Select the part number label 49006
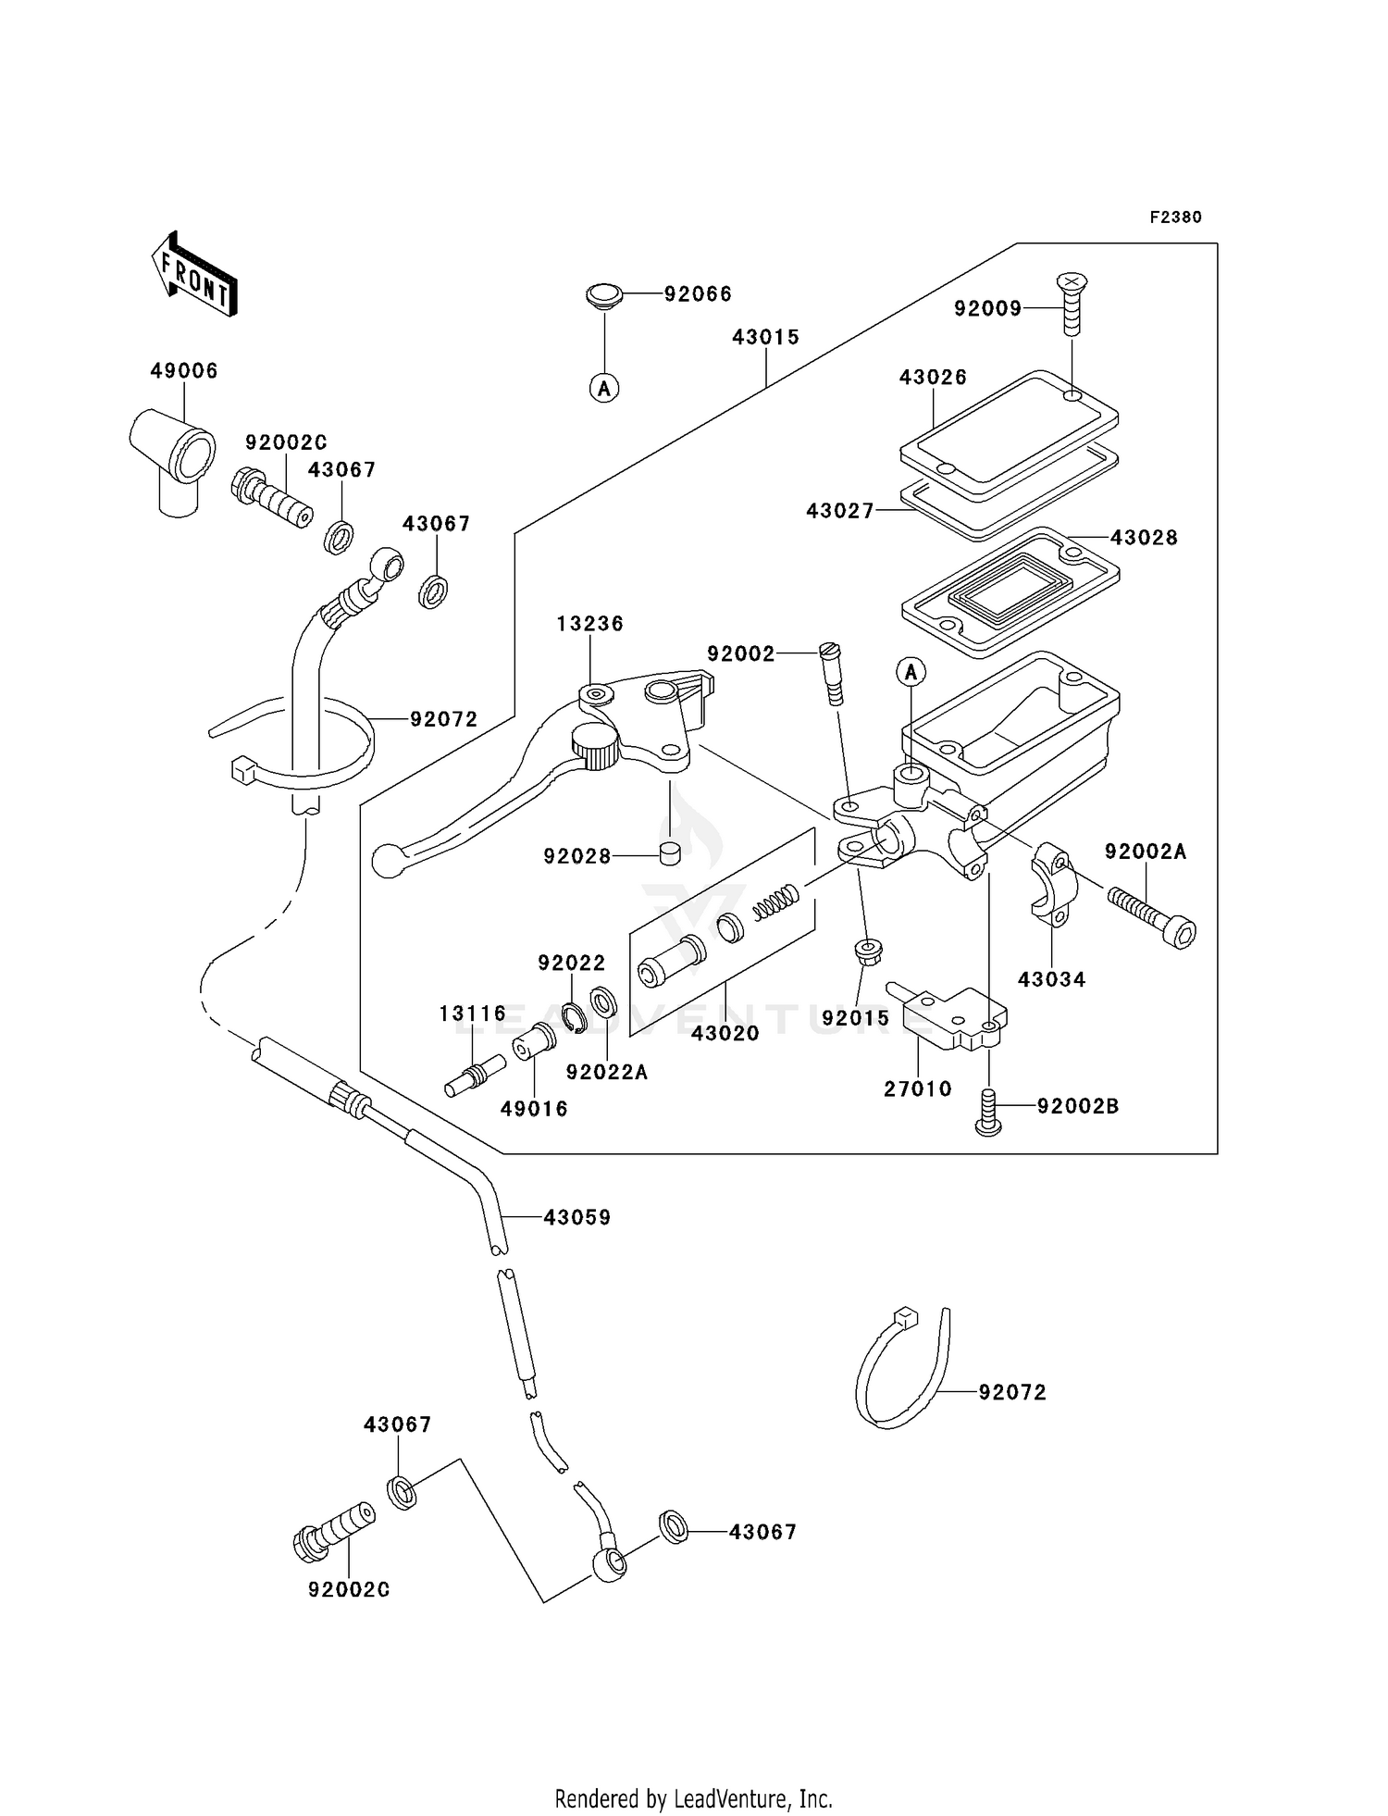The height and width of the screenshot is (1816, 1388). pos(184,371)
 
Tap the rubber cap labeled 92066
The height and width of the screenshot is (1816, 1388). pos(602,298)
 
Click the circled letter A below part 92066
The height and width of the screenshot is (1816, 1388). pos(604,389)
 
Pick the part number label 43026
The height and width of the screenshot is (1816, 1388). pos(933,378)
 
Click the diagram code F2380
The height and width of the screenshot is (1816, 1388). pos(1175,218)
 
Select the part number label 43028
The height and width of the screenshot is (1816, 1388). pos(1144,538)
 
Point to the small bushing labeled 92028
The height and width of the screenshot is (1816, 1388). pos(670,852)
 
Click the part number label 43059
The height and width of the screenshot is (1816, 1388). pos(577,1218)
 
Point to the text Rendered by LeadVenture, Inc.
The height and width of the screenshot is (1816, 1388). pos(693,1798)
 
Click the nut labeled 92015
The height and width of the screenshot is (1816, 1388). pos(867,951)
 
